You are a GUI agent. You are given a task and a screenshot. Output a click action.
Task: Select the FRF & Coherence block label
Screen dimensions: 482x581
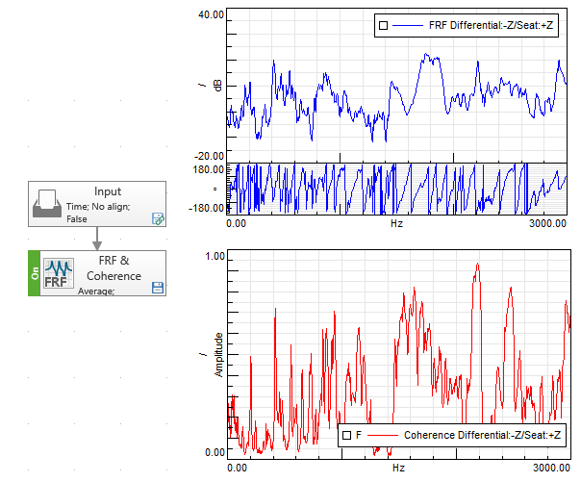click(x=120, y=268)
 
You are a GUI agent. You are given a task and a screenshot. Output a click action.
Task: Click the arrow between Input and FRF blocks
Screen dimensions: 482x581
click(x=97, y=239)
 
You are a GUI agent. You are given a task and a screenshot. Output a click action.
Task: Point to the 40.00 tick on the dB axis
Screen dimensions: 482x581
click(x=211, y=15)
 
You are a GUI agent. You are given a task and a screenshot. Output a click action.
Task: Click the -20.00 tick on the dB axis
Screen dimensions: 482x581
click(x=209, y=156)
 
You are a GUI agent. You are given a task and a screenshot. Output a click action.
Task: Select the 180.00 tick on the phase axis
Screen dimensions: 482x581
click(x=210, y=169)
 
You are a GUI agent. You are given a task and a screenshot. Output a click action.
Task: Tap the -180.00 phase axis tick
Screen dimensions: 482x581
click(x=208, y=207)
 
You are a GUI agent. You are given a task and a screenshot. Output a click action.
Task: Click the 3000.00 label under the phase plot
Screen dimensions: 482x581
click(x=547, y=222)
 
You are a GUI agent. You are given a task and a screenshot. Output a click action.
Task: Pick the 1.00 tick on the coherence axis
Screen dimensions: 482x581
click(x=215, y=257)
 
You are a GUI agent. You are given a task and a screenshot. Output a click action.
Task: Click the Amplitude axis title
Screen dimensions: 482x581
click(x=218, y=353)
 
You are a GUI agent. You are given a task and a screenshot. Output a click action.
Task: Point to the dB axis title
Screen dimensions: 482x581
click(x=218, y=86)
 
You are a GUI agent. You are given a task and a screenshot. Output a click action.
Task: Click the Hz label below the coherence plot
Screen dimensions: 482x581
click(x=396, y=467)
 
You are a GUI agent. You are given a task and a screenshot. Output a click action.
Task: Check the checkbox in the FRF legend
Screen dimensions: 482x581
click(x=384, y=26)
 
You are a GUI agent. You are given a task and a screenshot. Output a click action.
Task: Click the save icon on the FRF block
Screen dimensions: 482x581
click(x=157, y=287)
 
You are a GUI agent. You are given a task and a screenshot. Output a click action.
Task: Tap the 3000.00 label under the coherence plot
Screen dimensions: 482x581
click(x=551, y=467)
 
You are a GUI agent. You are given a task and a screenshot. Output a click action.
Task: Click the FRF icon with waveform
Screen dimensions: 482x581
click(x=57, y=273)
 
